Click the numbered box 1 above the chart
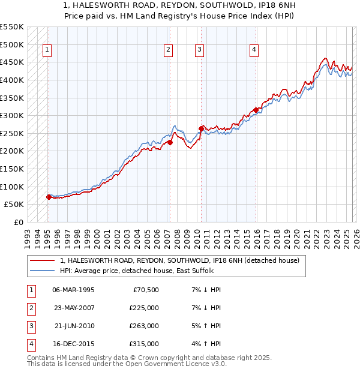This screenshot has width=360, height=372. pyautogui.click(x=47, y=50)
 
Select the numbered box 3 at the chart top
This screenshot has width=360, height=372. pyautogui.click(x=199, y=50)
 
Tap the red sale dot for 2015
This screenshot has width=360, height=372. pyautogui.click(x=256, y=110)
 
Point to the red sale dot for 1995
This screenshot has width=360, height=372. pyautogui.click(x=49, y=197)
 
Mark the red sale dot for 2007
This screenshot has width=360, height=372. pyautogui.click(x=170, y=142)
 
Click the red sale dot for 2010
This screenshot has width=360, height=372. pyautogui.click(x=201, y=128)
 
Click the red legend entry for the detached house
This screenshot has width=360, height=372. pyautogui.click(x=183, y=260)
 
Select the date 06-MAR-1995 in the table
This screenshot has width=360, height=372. pyautogui.click(x=73, y=290)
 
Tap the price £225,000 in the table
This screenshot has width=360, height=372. pyautogui.click(x=143, y=308)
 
